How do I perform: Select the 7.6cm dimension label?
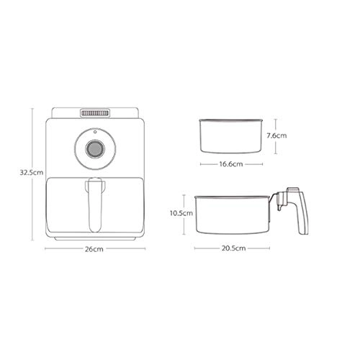click(x=277, y=135)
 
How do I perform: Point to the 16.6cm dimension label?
click(x=230, y=163)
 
